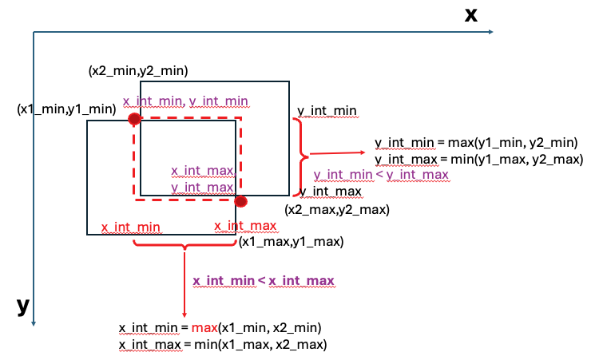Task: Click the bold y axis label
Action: click(x=23, y=307)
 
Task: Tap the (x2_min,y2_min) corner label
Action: click(x=138, y=71)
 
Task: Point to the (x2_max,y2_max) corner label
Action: click(x=337, y=210)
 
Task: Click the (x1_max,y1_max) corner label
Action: click(x=291, y=242)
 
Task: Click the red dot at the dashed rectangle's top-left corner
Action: click(x=134, y=119)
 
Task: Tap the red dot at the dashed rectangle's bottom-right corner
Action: click(x=240, y=201)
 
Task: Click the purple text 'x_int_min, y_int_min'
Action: click(x=185, y=101)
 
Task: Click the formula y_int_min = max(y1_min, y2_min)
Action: click(x=476, y=143)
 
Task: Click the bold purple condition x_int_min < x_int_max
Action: click(x=264, y=280)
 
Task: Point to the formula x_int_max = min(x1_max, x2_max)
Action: click(x=224, y=344)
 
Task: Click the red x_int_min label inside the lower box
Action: click(x=131, y=227)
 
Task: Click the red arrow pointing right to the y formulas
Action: click(x=339, y=152)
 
